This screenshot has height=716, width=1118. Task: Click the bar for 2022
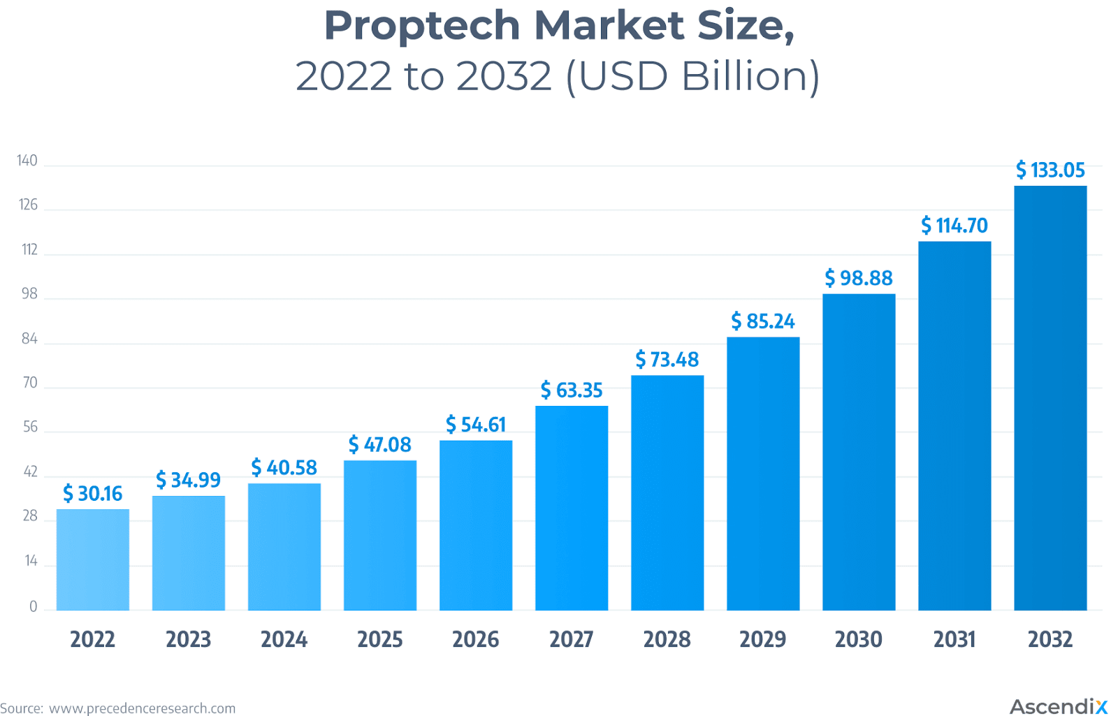(92, 560)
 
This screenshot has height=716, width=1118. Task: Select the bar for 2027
(572, 508)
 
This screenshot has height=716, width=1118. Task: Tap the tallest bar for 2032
(1050, 398)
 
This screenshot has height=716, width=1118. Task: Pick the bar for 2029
(763, 474)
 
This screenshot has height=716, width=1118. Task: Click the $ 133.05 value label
(1050, 170)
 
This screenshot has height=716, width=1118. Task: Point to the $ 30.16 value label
(92, 494)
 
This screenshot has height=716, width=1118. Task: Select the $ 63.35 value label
(572, 390)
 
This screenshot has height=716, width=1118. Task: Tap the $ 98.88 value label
(859, 278)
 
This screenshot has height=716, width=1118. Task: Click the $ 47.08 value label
(379, 445)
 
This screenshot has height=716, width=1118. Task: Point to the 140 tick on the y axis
(27, 161)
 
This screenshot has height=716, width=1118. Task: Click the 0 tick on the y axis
(33, 607)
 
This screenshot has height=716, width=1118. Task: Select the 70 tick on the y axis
(30, 383)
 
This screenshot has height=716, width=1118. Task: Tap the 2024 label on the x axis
(284, 639)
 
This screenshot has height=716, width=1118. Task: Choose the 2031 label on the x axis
(954, 639)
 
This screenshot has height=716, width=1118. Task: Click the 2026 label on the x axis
(475, 639)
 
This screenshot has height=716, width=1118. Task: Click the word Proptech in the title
(422, 26)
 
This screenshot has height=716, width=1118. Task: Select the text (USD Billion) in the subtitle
(692, 76)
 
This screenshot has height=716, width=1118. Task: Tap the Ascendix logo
(1058, 706)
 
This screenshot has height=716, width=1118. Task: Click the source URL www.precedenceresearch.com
(142, 708)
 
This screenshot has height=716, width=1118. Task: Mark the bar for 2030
(859, 452)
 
